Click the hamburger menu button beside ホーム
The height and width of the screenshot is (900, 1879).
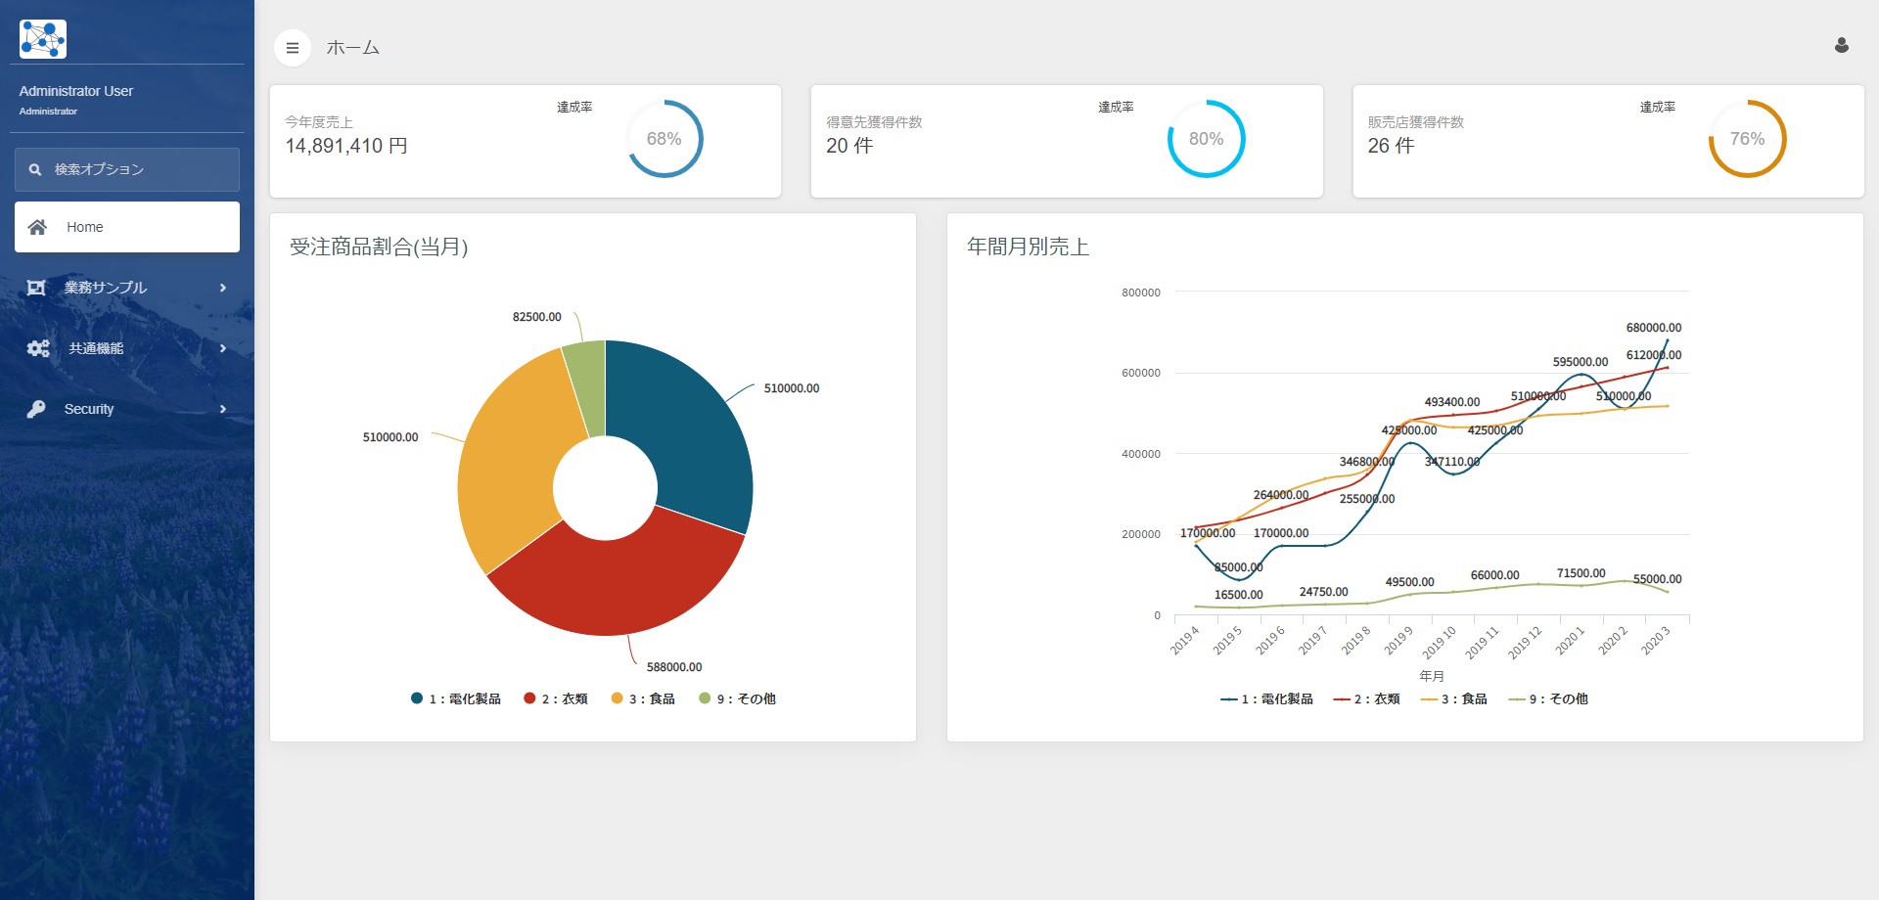pyautogui.click(x=292, y=48)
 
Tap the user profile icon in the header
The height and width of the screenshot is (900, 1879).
pyautogui.click(x=1841, y=46)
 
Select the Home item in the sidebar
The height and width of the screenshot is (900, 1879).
pyautogui.click(x=127, y=227)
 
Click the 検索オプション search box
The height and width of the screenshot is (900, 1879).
pyautogui.click(x=127, y=169)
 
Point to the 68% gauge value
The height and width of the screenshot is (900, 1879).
pyautogui.click(x=664, y=139)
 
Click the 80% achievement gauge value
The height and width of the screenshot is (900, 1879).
pyautogui.click(x=1206, y=139)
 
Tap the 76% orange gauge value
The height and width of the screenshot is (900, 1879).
pyautogui.click(x=1747, y=139)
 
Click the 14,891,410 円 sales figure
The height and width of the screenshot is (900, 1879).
pyautogui.click(x=346, y=146)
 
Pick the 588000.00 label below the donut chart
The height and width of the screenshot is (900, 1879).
pyautogui.click(x=674, y=667)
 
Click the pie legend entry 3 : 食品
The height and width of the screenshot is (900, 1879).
pyautogui.click(x=644, y=698)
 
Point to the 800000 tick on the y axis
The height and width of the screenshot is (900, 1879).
pyautogui.click(x=1140, y=292)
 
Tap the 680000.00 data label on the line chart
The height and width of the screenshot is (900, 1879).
pyautogui.click(x=1653, y=328)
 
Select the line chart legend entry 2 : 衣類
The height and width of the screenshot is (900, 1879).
pyautogui.click(x=1367, y=698)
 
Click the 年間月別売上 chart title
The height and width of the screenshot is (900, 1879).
pyautogui.click(x=1028, y=247)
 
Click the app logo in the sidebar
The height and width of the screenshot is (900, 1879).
pyautogui.click(x=43, y=39)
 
